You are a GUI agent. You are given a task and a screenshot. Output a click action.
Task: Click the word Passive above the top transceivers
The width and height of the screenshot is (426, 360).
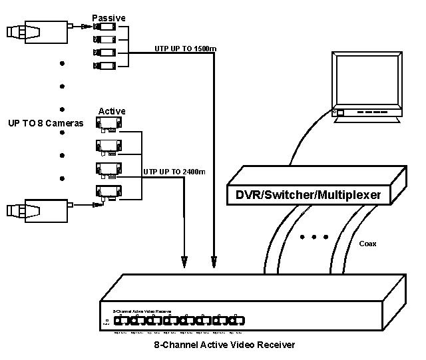(108, 17)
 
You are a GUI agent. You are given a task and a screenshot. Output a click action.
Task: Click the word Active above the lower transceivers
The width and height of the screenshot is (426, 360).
(112, 111)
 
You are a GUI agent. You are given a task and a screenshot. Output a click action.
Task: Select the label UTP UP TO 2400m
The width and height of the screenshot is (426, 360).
(174, 172)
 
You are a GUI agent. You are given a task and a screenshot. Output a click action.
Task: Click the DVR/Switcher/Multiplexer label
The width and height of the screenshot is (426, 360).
(308, 196)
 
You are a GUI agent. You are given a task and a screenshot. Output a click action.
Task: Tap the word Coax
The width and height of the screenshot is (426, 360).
(367, 244)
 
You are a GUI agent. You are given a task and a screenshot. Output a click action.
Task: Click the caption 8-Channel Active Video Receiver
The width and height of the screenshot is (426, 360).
(224, 345)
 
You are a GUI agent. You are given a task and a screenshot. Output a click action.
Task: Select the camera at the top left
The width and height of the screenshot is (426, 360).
(37, 29)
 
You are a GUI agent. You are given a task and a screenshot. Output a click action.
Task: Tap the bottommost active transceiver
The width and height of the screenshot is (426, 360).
(108, 193)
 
